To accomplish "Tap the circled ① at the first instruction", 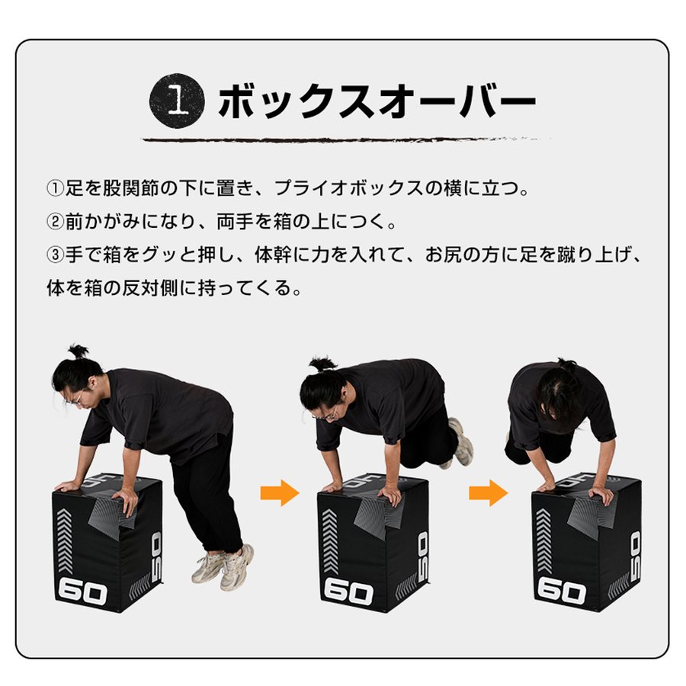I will (55, 188).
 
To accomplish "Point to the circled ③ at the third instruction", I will (55, 255).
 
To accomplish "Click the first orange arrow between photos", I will (279, 493).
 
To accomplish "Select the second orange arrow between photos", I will (488, 493).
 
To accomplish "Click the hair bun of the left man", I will (78, 351).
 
